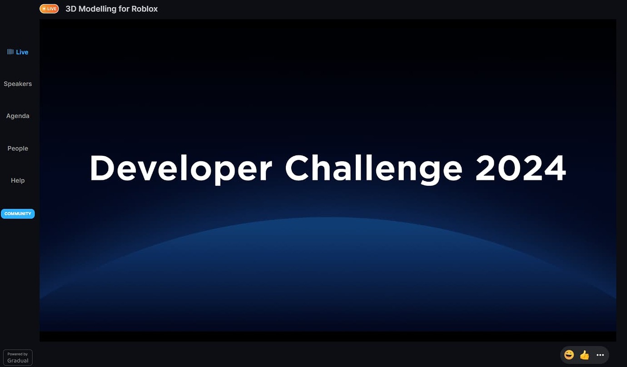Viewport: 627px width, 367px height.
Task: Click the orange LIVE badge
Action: [x=49, y=9]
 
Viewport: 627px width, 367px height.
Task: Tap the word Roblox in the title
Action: [x=144, y=9]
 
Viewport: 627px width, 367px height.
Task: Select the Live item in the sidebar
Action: [x=22, y=52]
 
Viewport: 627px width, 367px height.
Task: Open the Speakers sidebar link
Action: [x=18, y=84]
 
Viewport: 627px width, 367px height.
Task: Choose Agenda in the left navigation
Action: [x=18, y=116]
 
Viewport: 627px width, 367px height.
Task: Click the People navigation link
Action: [x=18, y=149]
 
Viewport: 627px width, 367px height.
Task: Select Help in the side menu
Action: [x=18, y=181]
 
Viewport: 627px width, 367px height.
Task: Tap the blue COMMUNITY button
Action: [x=18, y=213]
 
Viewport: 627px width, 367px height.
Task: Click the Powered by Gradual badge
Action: [x=18, y=357]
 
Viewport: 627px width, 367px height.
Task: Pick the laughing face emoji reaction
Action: [x=569, y=355]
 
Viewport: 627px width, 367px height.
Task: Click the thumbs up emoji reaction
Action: [x=584, y=355]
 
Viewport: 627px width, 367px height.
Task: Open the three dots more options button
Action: [x=600, y=355]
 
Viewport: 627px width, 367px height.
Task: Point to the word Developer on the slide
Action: [x=180, y=169]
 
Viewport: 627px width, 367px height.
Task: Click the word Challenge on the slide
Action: [x=373, y=169]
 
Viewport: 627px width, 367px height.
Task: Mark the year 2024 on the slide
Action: [x=521, y=168]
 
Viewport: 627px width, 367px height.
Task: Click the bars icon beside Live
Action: [x=10, y=52]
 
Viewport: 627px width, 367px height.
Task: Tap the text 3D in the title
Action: [x=71, y=9]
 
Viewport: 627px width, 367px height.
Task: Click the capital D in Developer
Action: [x=102, y=168]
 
